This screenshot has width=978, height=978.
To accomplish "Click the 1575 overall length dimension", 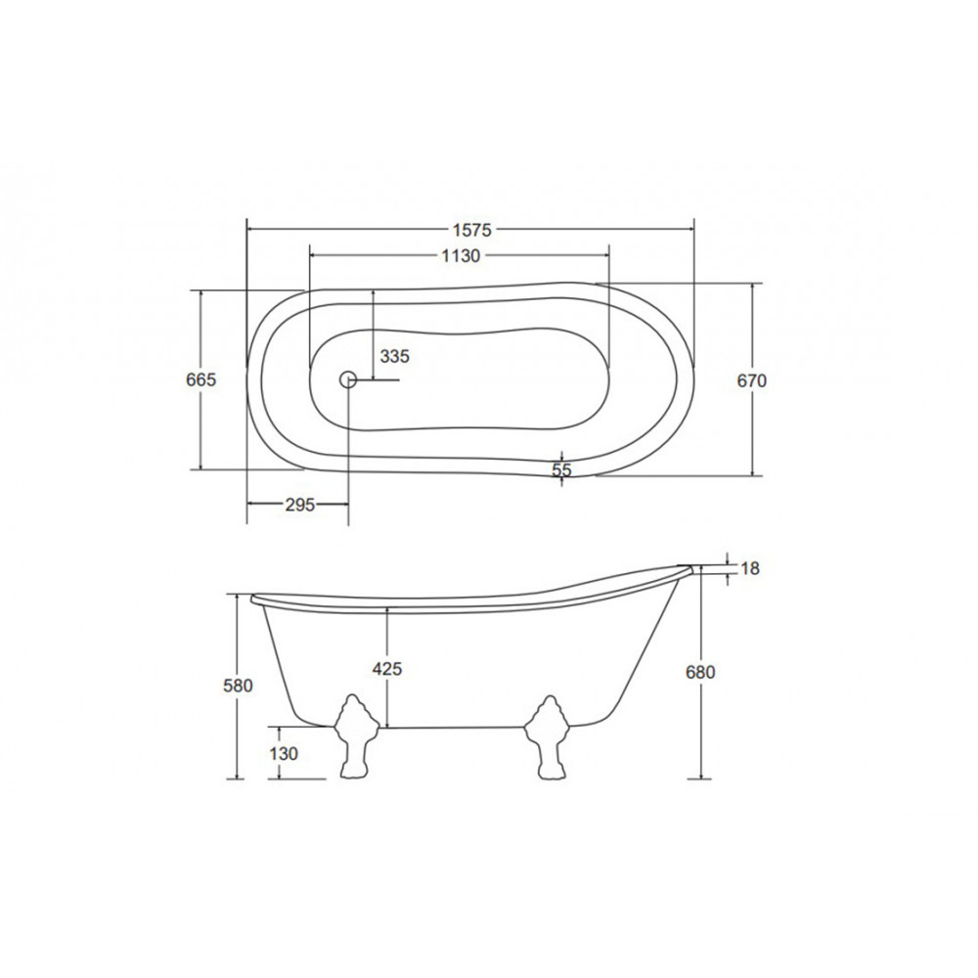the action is point(472,230).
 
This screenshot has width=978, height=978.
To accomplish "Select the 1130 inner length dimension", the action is point(461,255).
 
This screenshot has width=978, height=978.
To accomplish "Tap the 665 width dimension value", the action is point(200,379).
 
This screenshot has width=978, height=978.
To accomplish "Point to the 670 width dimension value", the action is point(751,380).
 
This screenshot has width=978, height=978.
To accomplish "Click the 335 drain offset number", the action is point(395,356).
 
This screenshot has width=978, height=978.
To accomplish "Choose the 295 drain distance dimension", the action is point(300,505).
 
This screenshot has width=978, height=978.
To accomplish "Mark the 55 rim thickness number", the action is point(562,469).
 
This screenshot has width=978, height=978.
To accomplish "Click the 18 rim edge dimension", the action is point(750,568).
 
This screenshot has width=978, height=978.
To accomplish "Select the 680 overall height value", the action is point(700,673).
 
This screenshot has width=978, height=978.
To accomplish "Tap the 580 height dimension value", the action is point(238,686).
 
